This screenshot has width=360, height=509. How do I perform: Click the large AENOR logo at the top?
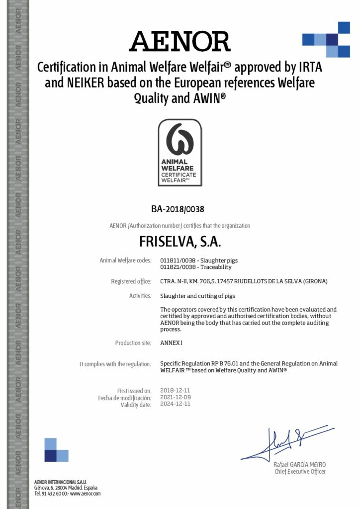[x=180, y=41]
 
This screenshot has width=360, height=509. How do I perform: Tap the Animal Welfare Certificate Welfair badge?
[x=180, y=153]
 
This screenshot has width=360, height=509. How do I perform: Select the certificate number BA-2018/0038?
[x=180, y=209]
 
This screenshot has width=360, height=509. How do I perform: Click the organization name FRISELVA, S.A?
[x=180, y=243]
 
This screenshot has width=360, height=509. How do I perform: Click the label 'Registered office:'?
[x=131, y=281]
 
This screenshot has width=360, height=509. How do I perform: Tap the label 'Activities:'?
[x=140, y=296]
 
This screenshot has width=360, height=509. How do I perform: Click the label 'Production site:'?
[x=133, y=343]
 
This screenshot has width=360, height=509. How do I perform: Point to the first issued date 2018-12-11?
[x=176, y=391]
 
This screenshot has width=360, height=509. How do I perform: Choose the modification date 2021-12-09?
[x=176, y=398]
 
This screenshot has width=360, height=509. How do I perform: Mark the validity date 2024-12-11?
[x=176, y=404]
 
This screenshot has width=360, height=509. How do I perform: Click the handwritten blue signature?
[x=283, y=442]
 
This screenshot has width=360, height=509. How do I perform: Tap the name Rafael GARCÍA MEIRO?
[x=300, y=464]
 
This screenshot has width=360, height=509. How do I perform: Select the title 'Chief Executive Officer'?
[x=300, y=471]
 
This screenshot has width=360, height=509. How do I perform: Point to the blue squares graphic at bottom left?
[x=56, y=450]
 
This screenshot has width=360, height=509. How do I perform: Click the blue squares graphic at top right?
[x=327, y=39]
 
